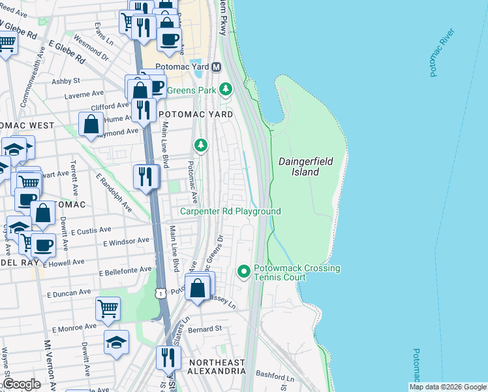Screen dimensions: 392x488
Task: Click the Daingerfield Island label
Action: [x=299, y=166]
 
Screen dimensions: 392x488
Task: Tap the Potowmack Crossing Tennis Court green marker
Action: [x=243, y=270]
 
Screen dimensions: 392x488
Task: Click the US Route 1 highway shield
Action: [x=160, y=295]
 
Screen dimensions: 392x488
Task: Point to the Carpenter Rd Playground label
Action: [x=230, y=211]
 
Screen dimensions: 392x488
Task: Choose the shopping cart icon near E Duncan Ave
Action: [x=108, y=309]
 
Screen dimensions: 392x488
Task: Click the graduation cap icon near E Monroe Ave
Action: [x=116, y=342]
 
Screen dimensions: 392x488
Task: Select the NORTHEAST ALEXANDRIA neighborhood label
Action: [x=217, y=367]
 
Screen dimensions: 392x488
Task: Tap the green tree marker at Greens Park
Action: [x=226, y=88]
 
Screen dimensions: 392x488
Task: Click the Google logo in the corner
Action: [x=21, y=384]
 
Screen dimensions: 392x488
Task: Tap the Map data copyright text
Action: [x=448, y=387]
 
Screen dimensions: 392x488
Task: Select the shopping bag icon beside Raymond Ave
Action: [x=91, y=123]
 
